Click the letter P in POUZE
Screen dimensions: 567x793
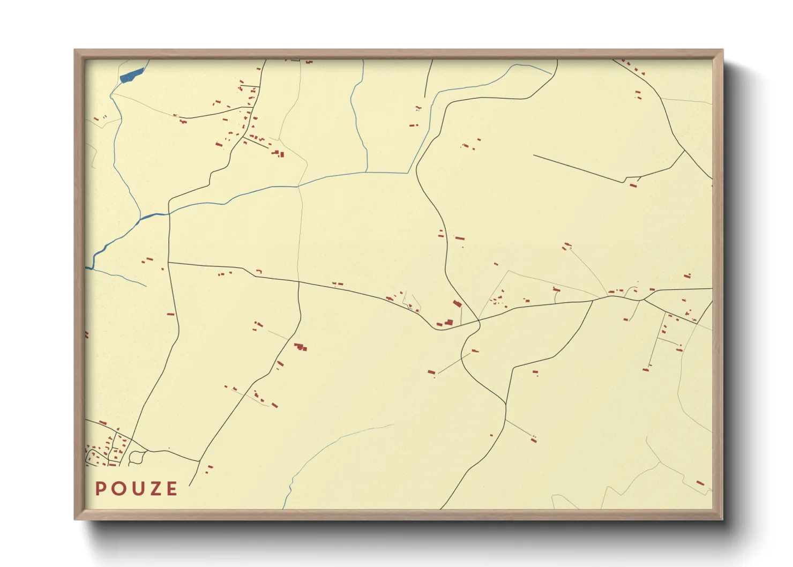[x=100, y=489]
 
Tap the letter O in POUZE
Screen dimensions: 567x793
[x=117, y=489]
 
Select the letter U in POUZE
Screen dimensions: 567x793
[x=136, y=489]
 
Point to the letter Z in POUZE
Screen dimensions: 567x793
[x=154, y=489]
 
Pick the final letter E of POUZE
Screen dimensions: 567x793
[x=171, y=489]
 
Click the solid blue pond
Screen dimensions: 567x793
[x=132, y=75]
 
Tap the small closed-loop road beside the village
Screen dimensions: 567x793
[x=137, y=457]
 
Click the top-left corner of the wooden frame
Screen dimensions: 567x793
[x=76, y=50]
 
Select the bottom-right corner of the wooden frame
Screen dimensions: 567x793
[x=722, y=518]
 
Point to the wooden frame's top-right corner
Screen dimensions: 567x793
[x=722, y=50]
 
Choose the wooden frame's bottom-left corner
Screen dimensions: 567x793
[x=76, y=518]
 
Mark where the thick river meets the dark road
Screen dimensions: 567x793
[x=169, y=214]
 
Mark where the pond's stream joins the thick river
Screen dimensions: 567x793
[x=140, y=219]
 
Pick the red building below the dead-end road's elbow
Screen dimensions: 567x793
[x=633, y=185]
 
